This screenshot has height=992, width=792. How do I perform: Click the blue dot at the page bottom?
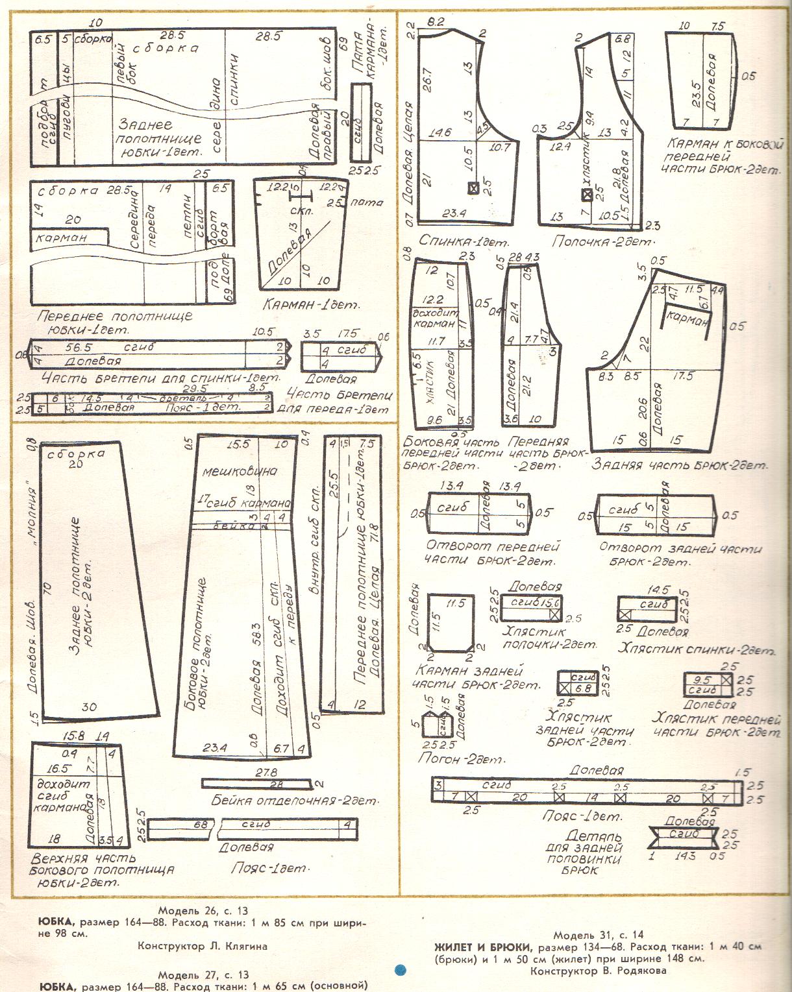[x=401, y=970]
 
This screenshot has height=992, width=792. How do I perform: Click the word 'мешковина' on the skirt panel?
[x=240, y=471]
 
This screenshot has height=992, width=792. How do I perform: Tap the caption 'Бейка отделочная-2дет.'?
[x=295, y=800]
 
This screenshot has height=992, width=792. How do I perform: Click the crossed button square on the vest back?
[x=474, y=188]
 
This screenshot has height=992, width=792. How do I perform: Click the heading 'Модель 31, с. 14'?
[x=598, y=935]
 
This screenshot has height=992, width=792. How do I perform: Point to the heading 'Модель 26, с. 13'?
[x=203, y=911]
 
